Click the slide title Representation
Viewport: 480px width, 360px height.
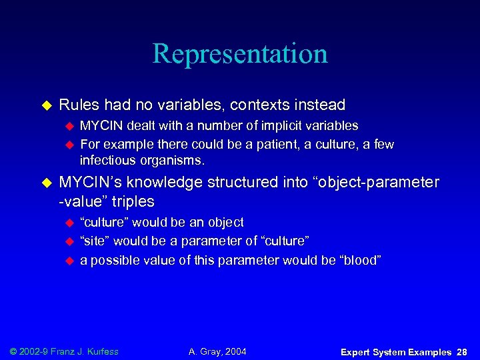click(240, 54)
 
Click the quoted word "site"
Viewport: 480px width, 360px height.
click(93, 241)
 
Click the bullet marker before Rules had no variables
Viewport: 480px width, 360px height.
click(46, 105)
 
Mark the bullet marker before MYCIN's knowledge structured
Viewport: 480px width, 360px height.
click(46, 183)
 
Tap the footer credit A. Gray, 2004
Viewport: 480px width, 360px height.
click(217, 351)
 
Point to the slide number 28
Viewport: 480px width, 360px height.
click(462, 351)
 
